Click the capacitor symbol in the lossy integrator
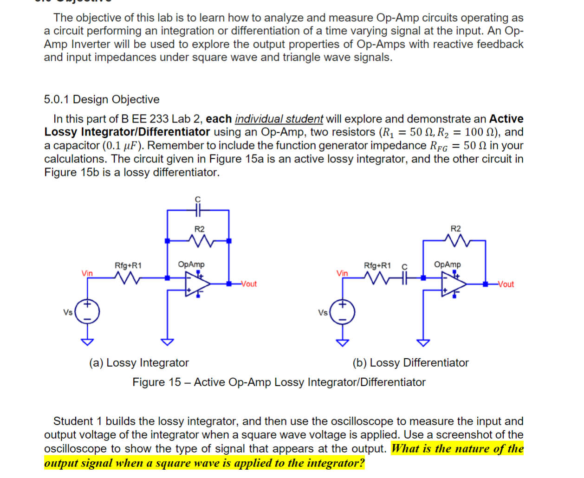click(x=198, y=210)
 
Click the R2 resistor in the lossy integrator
click(x=200, y=241)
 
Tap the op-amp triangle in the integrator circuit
click(x=197, y=283)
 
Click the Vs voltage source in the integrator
click(x=87, y=311)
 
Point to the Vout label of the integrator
click(x=248, y=284)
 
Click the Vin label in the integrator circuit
click(x=87, y=273)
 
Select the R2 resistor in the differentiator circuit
click(x=456, y=240)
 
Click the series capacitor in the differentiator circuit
click(x=404, y=278)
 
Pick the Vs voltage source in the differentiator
click(x=343, y=312)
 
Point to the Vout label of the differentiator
click(x=506, y=284)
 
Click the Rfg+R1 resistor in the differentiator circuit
click(x=377, y=278)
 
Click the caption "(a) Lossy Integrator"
click(x=139, y=362)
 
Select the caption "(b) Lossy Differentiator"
click(x=410, y=362)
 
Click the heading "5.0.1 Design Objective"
click(x=102, y=99)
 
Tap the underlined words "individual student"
click(x=279, y=119)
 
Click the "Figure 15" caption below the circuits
click(x=279, y=382)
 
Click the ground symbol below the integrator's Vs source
click(x=87, y=342)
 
